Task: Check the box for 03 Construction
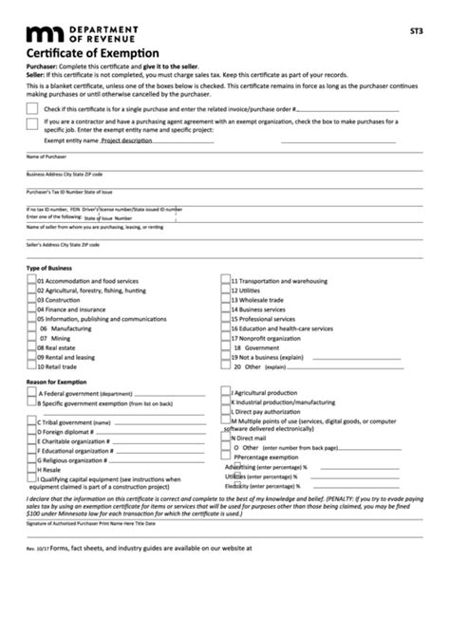point(31,300)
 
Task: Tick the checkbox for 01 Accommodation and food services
point(31,281)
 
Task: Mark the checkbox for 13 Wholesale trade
point(226,300)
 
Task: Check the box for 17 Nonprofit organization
point(226,338)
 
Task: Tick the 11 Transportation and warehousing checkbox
point(226,281)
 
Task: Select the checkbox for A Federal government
point(31,392)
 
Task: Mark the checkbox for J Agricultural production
point(226,391)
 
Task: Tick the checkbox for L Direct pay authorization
point(226,410)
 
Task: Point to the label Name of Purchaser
point(47,156)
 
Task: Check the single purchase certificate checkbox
point(32,110)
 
